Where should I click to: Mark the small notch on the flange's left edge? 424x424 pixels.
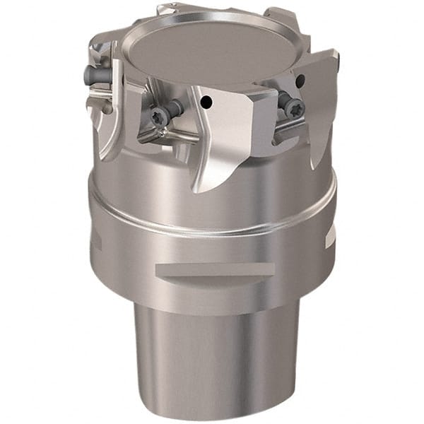coord(97,244)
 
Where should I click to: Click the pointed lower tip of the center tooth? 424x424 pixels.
coord(197,190)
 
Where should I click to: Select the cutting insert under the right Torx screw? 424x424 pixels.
coord(286,124)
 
